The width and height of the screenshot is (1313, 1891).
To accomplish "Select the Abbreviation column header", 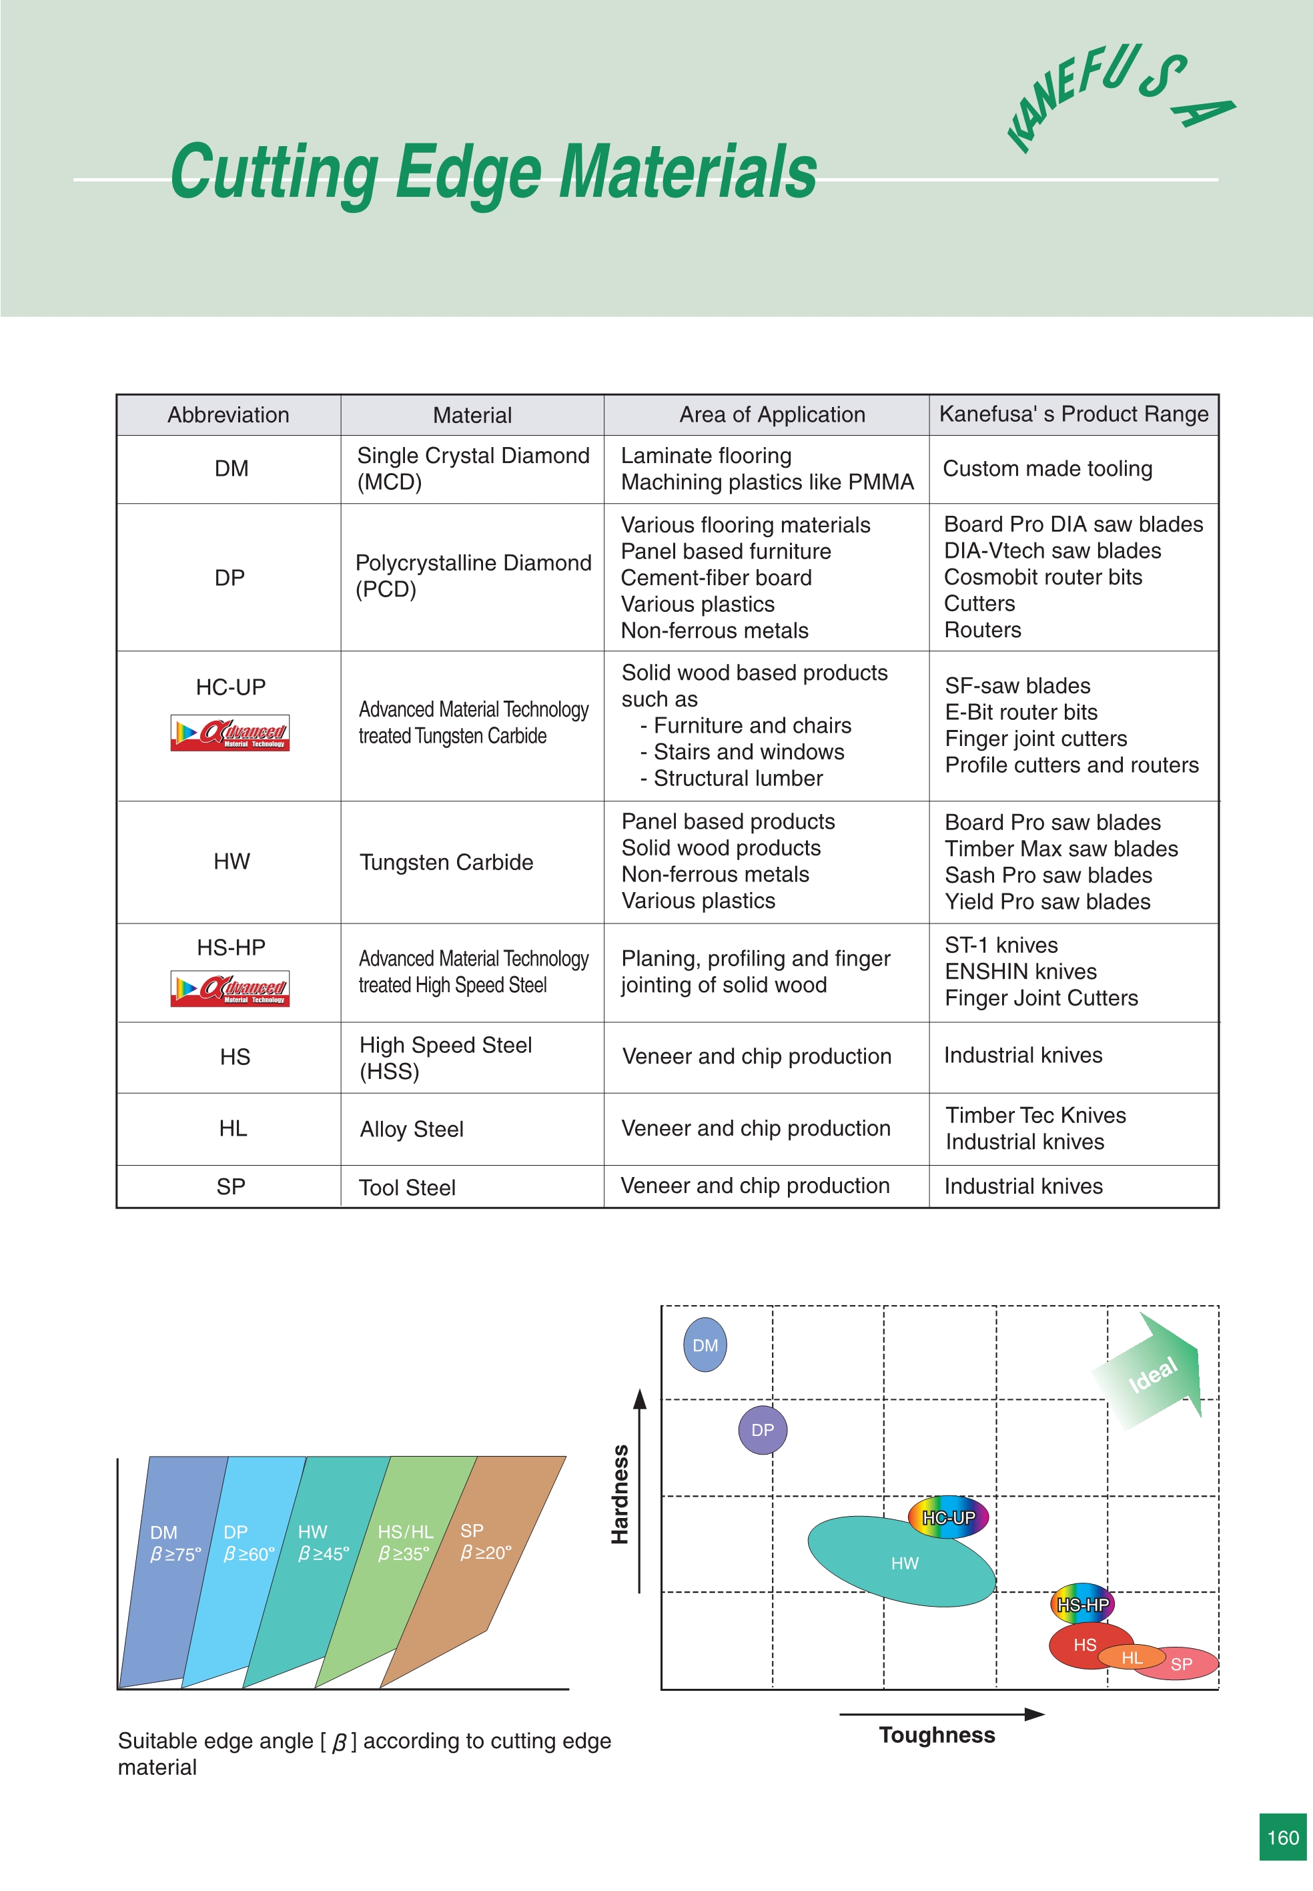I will click(x=228, y=414).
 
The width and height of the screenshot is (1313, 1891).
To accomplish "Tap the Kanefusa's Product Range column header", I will click(x=1073, y=414).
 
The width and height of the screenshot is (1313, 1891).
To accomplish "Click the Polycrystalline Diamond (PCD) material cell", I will click(x=472, y=576).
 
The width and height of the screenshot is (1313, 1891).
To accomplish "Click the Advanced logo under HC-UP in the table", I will click(x=230, y=732).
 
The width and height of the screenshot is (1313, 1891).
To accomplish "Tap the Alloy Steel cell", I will click(x=412, y=1130).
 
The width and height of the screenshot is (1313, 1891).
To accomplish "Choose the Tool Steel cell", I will click(x=406, y=1187).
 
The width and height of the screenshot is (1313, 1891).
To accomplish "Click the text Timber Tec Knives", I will click(x=1035, y=1116).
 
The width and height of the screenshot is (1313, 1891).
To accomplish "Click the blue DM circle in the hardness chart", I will click(x=705, y=1345).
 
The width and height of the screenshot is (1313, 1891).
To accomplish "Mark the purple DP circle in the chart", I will click(x=763, y=1429).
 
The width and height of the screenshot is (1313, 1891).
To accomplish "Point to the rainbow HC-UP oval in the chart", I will click(x=948, y=1517).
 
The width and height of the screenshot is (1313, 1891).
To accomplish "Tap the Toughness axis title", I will click(x=936, y=1735).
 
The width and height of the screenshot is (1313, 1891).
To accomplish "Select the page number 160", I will click(x=1282, y=1838).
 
